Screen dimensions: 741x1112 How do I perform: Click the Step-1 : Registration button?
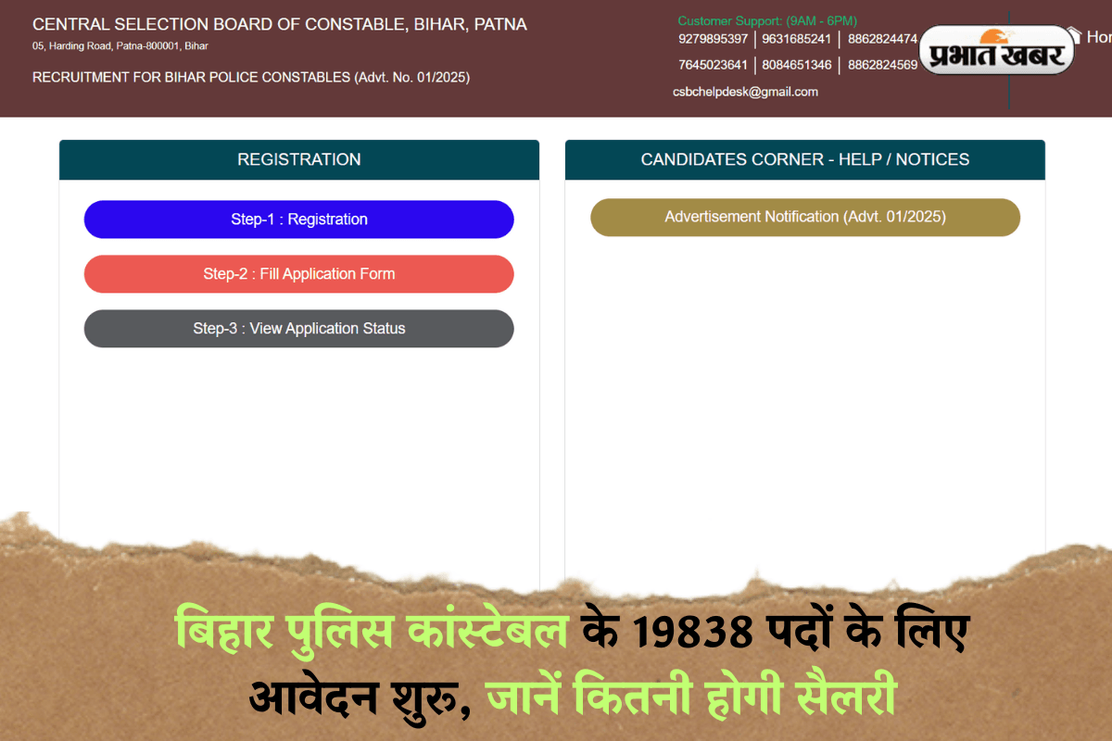click(x=298, y=220)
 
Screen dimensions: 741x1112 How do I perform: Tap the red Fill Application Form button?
click(x=298, y=274)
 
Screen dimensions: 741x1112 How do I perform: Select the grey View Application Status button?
click(x=298, y=329)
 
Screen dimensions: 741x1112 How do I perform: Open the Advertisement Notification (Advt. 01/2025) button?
click(x=804, y=217)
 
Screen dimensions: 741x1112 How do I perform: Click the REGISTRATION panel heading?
click(x=298, y=159)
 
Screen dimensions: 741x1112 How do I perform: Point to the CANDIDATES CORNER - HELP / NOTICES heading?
click(x=804, y=159)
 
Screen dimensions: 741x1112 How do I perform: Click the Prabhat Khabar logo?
click(x=997, y=52)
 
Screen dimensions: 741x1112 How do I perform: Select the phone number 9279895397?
click(x=713, y=39)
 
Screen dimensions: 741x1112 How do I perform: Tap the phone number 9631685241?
click(x=796, y=39)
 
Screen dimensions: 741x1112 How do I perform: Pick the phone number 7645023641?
click(x=713, y=65)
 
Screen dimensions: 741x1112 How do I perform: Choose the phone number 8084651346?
click(x=796, y=65)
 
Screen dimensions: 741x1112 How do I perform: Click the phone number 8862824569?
click(x=882, y=65)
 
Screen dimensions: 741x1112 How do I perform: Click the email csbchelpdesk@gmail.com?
click(x=745, y=92)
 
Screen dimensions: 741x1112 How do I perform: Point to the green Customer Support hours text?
click(x=766, y=20)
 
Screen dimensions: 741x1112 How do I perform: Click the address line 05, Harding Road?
click(x=120, y=45)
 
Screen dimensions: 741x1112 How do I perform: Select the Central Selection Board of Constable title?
click(x=279, y=25)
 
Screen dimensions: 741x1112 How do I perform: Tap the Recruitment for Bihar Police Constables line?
click(x=250, y=78)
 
